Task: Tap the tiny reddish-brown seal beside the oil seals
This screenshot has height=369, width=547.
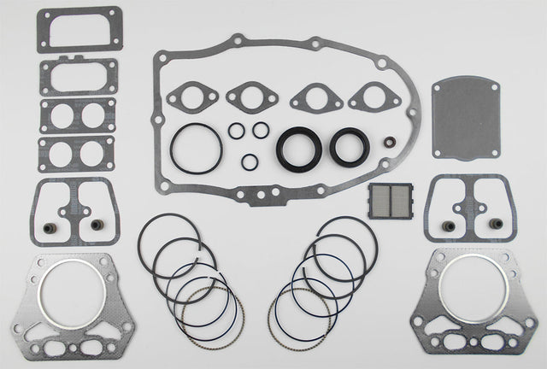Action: tap(389, 143)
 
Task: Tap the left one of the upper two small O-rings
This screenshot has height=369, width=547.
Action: tap(236, 131)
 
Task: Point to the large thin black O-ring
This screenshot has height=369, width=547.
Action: tap(196, 148)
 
